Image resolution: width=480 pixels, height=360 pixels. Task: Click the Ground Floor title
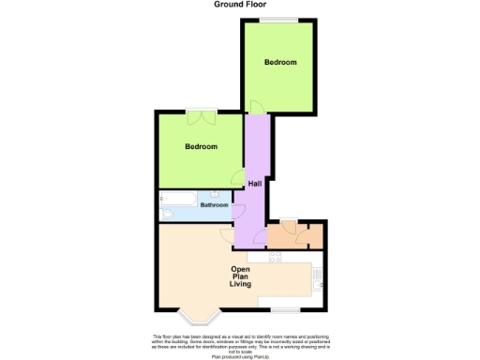[239, 5]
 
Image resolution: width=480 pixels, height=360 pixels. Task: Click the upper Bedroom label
[279, 63]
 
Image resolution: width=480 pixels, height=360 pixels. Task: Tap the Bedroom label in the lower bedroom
[201, 147]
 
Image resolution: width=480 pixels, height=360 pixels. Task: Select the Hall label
[254, 184]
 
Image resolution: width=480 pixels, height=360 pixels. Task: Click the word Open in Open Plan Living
[241, 269]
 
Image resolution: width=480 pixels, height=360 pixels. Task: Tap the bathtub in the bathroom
[179, 198]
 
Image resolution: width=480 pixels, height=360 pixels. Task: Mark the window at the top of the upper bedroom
[278, 21]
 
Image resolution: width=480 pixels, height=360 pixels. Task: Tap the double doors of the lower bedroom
[201, 117]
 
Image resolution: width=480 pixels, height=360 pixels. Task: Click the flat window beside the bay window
[287, 308]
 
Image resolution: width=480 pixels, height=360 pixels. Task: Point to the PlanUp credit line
[240, 356]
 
